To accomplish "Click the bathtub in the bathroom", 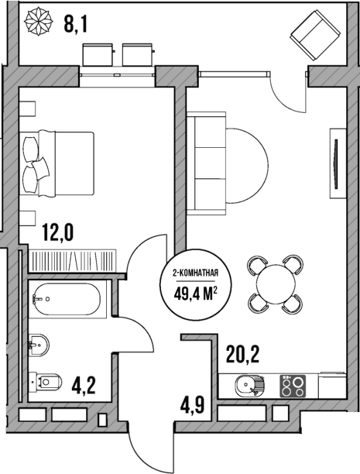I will [x=67, y=299].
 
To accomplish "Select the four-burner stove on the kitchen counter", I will [x=292, y=386].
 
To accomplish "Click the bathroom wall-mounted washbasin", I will [x=37, y=342].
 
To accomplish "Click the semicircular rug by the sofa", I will [x=249, y=160].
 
